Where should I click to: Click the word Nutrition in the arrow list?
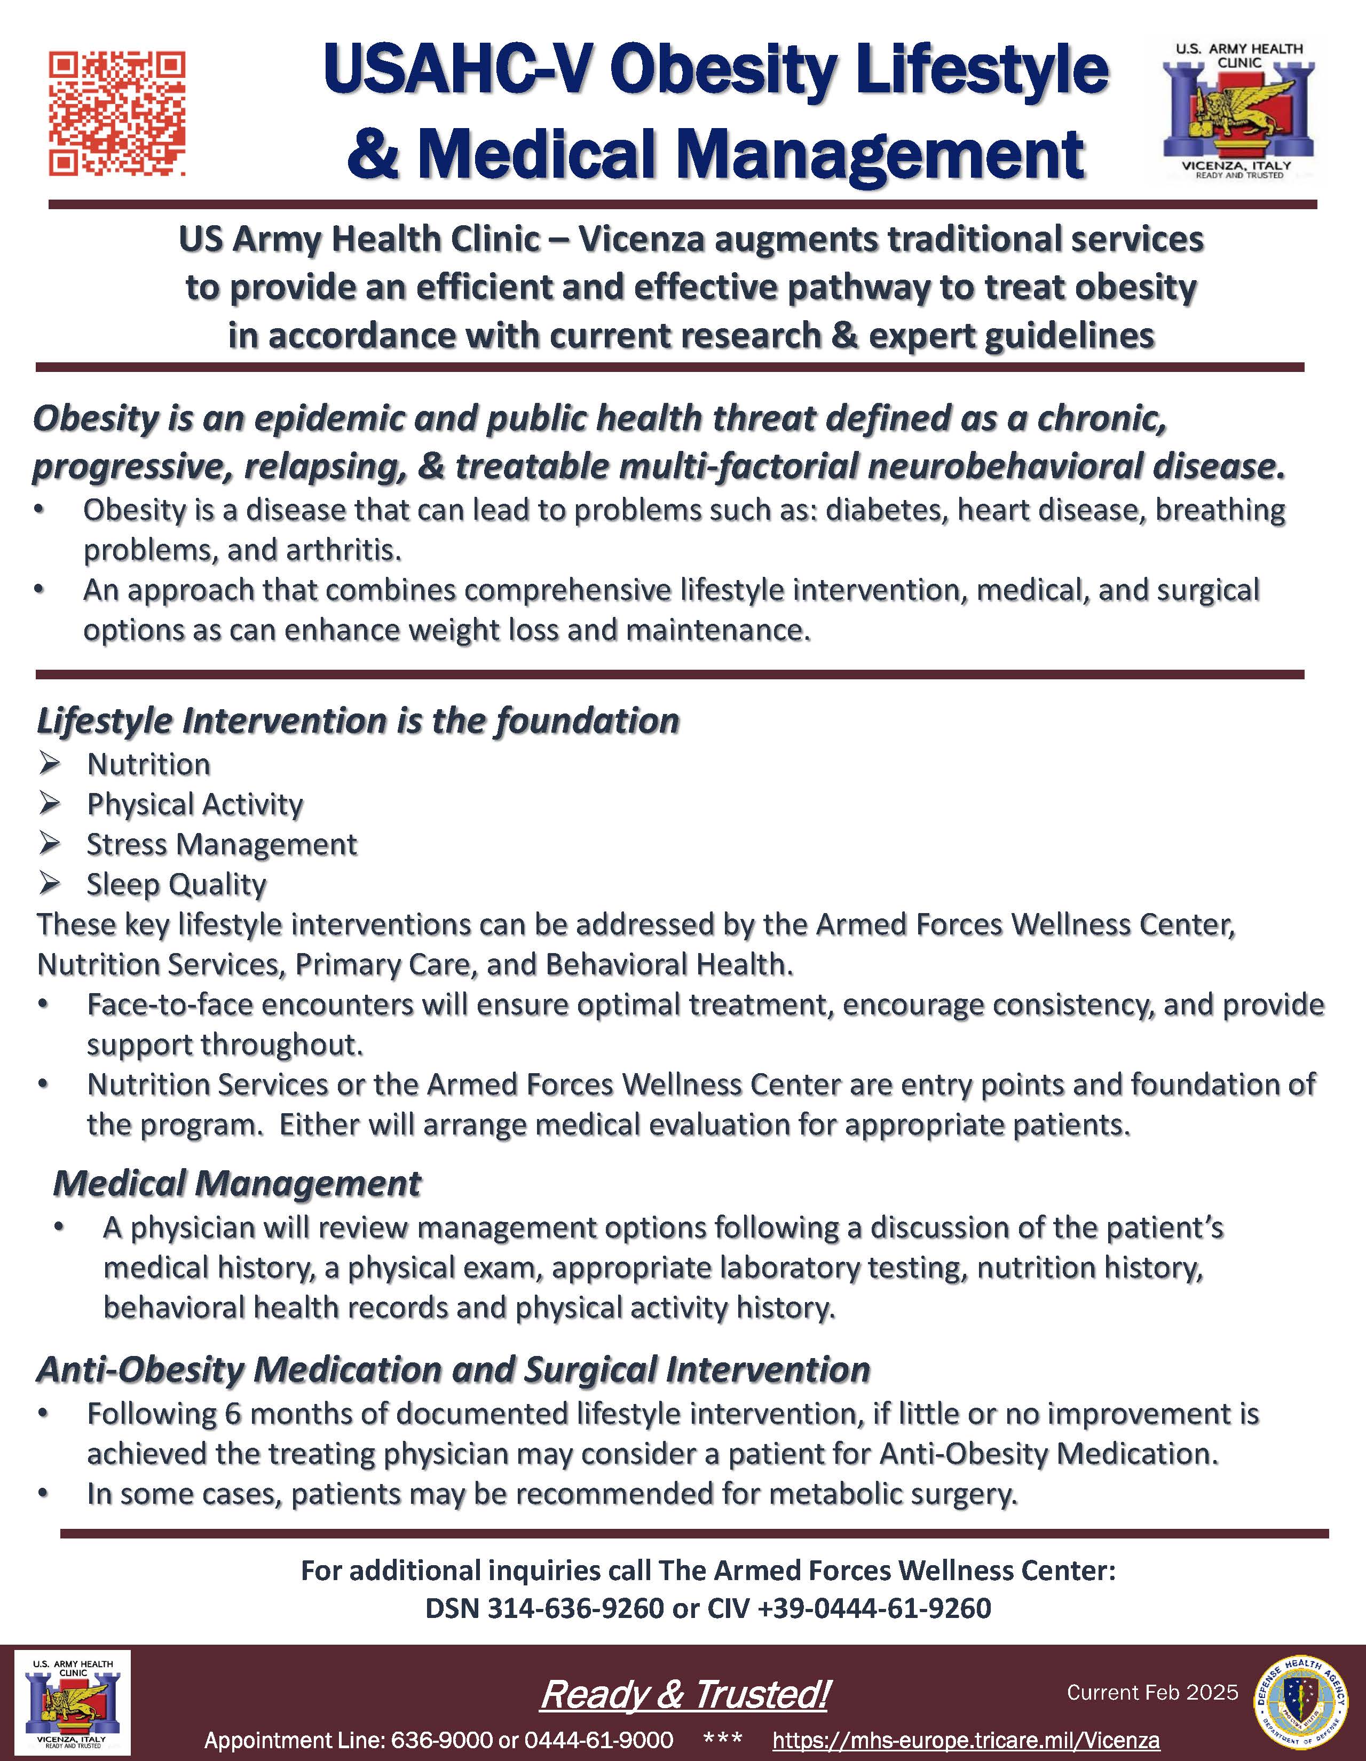coord(148,764)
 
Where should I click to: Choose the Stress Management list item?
coord(221,844)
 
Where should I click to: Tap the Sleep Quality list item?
coord(176,885)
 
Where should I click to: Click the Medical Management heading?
coord(236,1184)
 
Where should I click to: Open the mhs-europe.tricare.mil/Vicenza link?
coord(965,1740)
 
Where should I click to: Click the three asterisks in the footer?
coord(723,1739)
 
